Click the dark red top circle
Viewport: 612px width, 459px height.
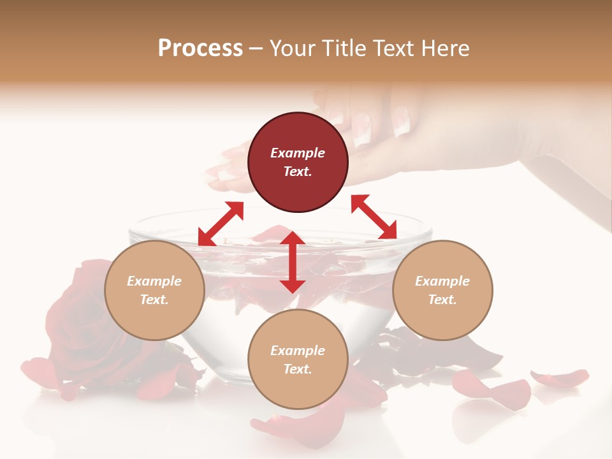tap(298, 162)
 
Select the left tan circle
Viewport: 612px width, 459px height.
tap(154, 290)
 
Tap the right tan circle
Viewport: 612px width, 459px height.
tap(442, 290)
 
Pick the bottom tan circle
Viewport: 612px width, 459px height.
tap(298, 360)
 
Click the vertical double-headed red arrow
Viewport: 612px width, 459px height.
tap(293, 262)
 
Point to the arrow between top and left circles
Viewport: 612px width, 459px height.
tap(221, 223)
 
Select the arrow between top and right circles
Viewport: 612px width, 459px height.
tap(374, 217)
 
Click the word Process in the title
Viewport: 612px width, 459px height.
tap(200, 48)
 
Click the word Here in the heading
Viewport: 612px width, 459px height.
tap(446, 48)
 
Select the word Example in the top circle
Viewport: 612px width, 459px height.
tap(298, 153)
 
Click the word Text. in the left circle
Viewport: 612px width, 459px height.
tap(154, 300)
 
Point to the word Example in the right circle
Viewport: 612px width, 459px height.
tap(442, 281)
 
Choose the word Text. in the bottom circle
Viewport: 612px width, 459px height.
tap(298, 369)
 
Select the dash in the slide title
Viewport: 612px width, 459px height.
tap(256, 48)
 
